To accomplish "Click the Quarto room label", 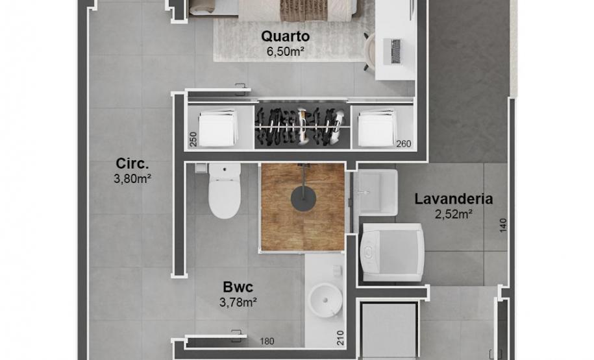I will tap(286, 36).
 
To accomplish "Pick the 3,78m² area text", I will tap(238, 301).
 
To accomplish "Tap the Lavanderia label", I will tap(454, 199).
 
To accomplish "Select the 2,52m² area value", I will tap(453, 213).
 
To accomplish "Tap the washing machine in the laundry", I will tap(393, 252).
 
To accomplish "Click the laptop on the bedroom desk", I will tap(393, 51).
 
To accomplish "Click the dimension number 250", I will tap(193, 139).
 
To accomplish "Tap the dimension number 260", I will tap(403, 144).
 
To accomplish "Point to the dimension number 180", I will tap(267, 341).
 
